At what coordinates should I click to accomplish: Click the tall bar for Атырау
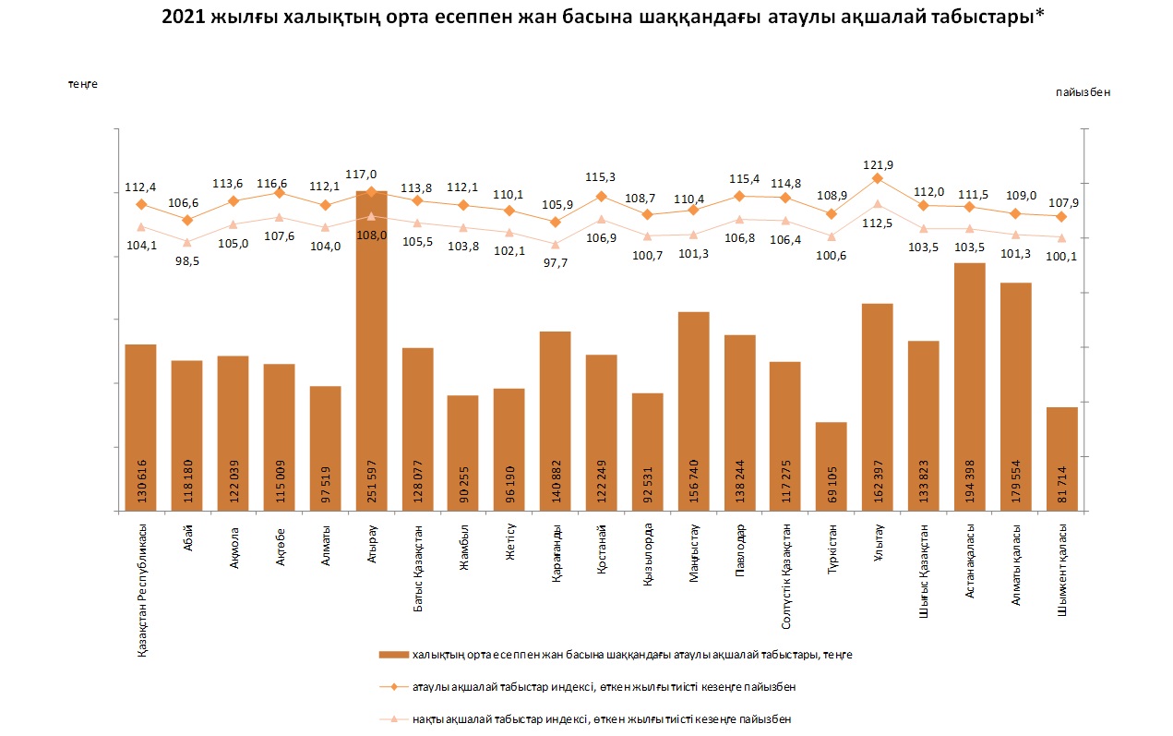371,351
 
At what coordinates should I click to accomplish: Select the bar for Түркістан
832,466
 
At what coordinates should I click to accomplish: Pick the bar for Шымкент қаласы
1062,458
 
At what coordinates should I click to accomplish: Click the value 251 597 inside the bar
372,477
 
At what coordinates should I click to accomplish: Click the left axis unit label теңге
82,84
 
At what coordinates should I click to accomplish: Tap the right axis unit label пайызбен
1083,92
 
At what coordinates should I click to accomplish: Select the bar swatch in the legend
393,655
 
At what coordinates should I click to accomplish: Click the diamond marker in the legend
394,687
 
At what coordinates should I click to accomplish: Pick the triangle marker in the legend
394,718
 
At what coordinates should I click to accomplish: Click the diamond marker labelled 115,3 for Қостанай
602,196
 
